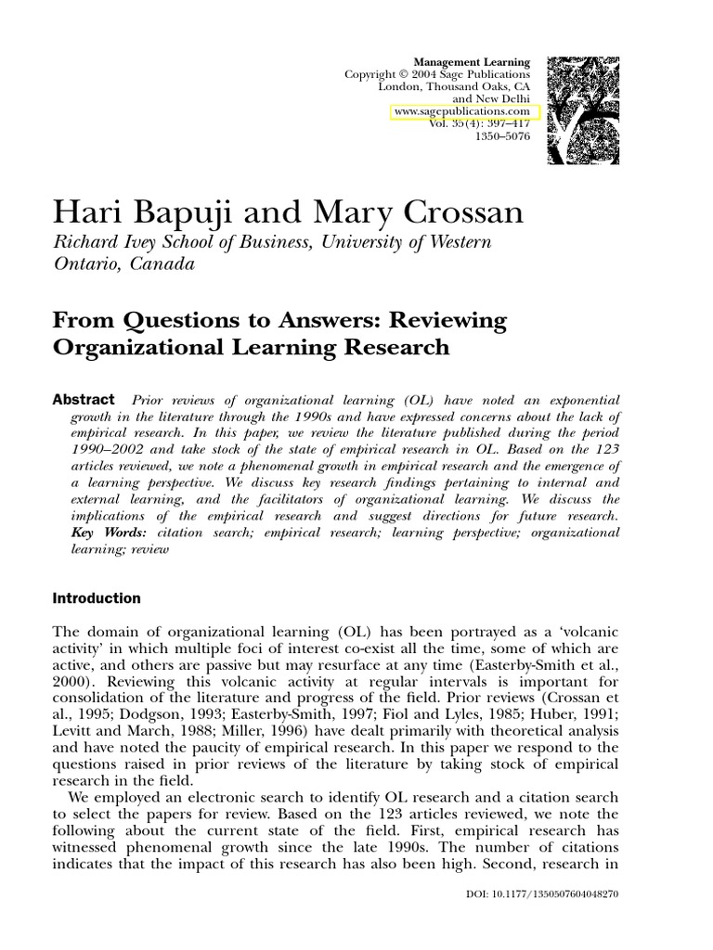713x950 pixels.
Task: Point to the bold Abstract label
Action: click(84, 399)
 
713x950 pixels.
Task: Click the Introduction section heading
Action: click(97, 598)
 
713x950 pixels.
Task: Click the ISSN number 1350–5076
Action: click(502, 136)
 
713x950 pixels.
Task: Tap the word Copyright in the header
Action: click(369, 74)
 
